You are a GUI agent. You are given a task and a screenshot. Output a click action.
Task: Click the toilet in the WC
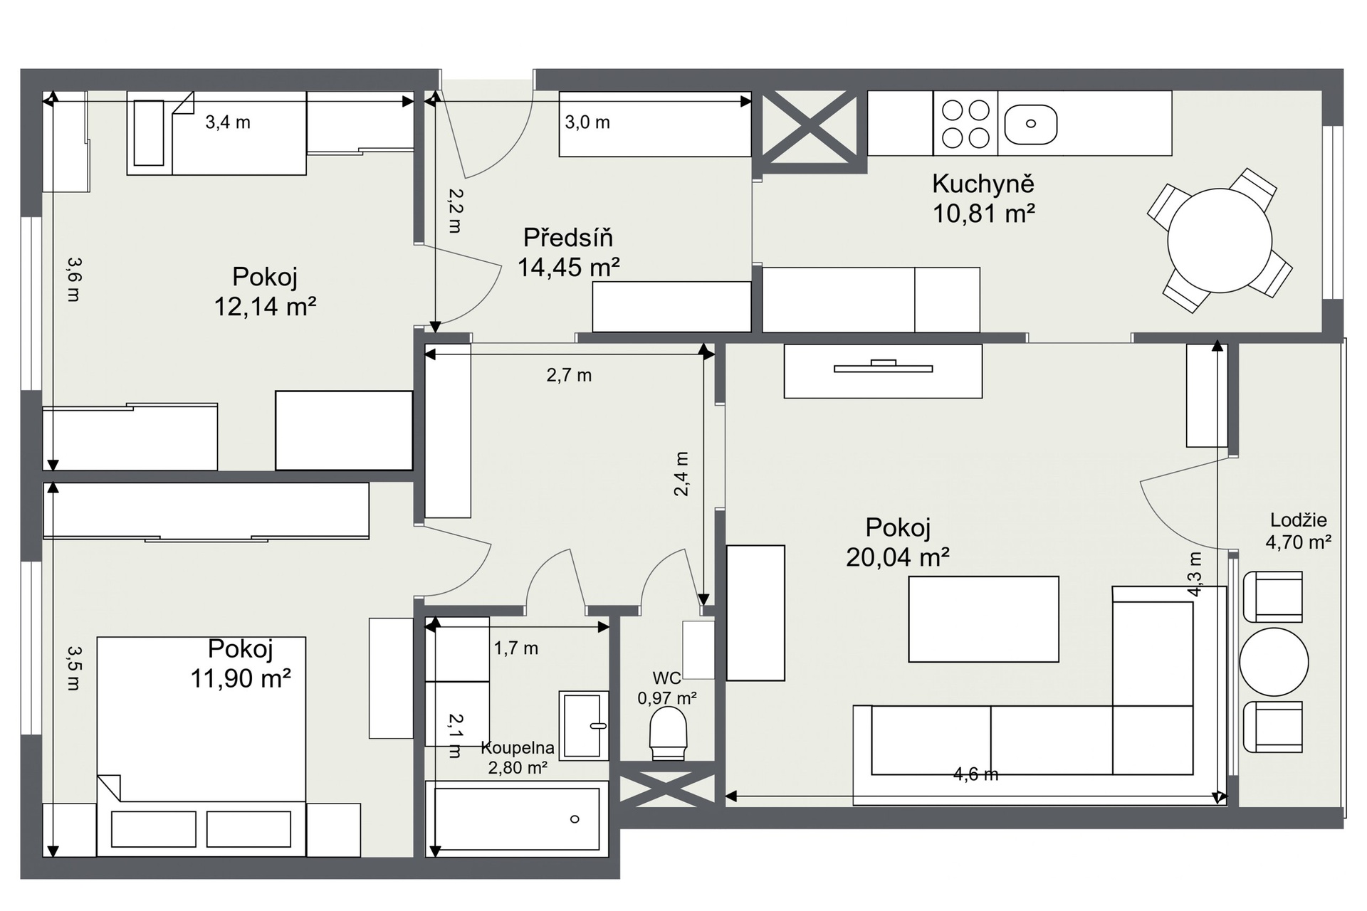click(668, 733)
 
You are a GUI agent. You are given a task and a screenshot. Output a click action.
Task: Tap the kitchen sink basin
click(1030, 124)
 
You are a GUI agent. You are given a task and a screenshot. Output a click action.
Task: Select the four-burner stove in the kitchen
click(965, 123)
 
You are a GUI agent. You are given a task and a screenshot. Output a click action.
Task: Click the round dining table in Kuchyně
click(1220, 241)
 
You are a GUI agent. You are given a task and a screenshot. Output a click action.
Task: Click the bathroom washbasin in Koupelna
click(583, 725)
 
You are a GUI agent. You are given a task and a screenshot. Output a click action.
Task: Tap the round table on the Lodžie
click(1274, 662)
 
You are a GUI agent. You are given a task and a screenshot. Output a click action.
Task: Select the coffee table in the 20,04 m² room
click(983, 619)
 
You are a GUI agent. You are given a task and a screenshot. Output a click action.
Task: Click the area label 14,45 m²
click(568, 268)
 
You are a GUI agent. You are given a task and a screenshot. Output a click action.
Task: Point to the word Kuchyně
click(983, 184)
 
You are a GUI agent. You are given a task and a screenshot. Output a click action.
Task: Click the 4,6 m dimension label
click(975, 774)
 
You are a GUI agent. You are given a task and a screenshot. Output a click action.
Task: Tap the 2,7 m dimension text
click(569, 375)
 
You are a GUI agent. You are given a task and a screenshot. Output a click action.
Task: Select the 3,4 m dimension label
click(228, 122)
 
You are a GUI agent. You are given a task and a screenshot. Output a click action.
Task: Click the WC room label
click(667, 678)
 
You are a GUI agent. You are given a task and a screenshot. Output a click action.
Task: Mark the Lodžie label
click(1299, 520)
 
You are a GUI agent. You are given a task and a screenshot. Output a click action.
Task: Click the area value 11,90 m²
click(241, 678)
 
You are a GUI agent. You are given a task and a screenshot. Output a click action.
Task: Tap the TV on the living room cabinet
click(883, 367)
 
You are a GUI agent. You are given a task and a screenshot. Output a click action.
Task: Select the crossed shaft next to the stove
click(810, 132)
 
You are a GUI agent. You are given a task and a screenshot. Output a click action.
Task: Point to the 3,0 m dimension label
click(587, 122)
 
